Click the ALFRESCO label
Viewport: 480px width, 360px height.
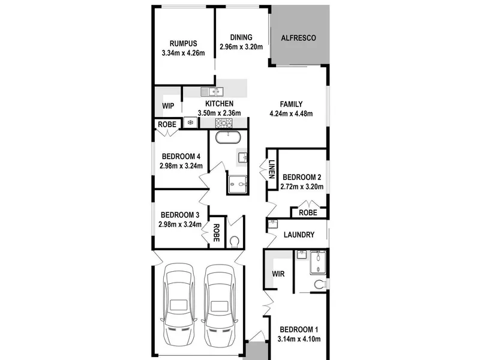click(x=298, y=38)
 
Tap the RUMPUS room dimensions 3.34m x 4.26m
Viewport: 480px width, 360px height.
click(x=183, y=53)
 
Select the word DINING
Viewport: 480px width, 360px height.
click(x=241, y=37)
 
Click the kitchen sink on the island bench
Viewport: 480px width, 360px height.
click(x=212, y=92)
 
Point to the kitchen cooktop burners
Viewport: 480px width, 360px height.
click(x=224, y=123)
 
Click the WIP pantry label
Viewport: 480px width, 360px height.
click(x=168, y=106)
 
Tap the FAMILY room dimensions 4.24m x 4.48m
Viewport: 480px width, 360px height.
click(x=291, y=114)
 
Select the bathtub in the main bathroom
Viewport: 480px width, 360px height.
click(x=228, y=137)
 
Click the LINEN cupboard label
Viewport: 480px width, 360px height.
click(x=272, y=169)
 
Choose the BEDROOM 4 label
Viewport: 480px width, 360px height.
click(x=181, y=157)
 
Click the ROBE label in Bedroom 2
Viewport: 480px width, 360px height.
click(x=308, y=213)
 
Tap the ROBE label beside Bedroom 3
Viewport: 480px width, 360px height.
click(x=216, y=233)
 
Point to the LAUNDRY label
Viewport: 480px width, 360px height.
click(x=299, y=235)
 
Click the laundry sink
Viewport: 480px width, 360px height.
click(x=272, y=224)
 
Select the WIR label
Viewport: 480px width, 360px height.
click(x=278, y=274)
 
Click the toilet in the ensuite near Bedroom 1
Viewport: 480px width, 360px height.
click(x=320, y=284)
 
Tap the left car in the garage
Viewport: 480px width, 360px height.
click(x=179, y=305)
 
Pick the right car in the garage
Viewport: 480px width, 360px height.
click(x=220, y=306)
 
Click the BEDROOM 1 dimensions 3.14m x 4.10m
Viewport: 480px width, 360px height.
click(x=299, y=339)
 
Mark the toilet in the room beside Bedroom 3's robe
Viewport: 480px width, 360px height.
click(x=235, y=242)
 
